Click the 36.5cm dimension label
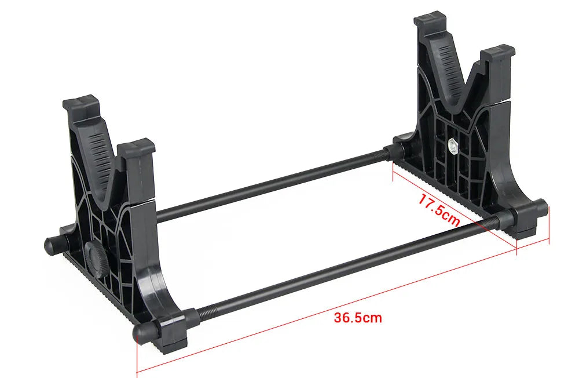tap(358, 318)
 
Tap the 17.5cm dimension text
tap(439, 210)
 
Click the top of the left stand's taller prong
tap(82, 103)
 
